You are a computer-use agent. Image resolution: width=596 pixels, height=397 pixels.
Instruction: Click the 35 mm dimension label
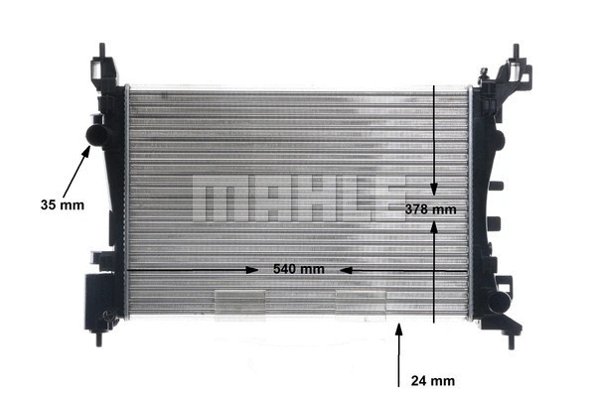(63, 205)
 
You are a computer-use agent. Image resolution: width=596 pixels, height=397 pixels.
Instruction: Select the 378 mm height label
(431, 209)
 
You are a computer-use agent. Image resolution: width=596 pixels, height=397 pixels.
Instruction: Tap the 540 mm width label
(299, 269)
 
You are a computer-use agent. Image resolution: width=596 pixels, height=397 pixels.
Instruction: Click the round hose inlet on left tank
(97, 131)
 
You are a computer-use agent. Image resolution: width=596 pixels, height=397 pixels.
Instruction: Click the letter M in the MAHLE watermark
(213, 200)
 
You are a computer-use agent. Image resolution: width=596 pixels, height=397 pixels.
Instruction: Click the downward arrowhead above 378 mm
(434, 189)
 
